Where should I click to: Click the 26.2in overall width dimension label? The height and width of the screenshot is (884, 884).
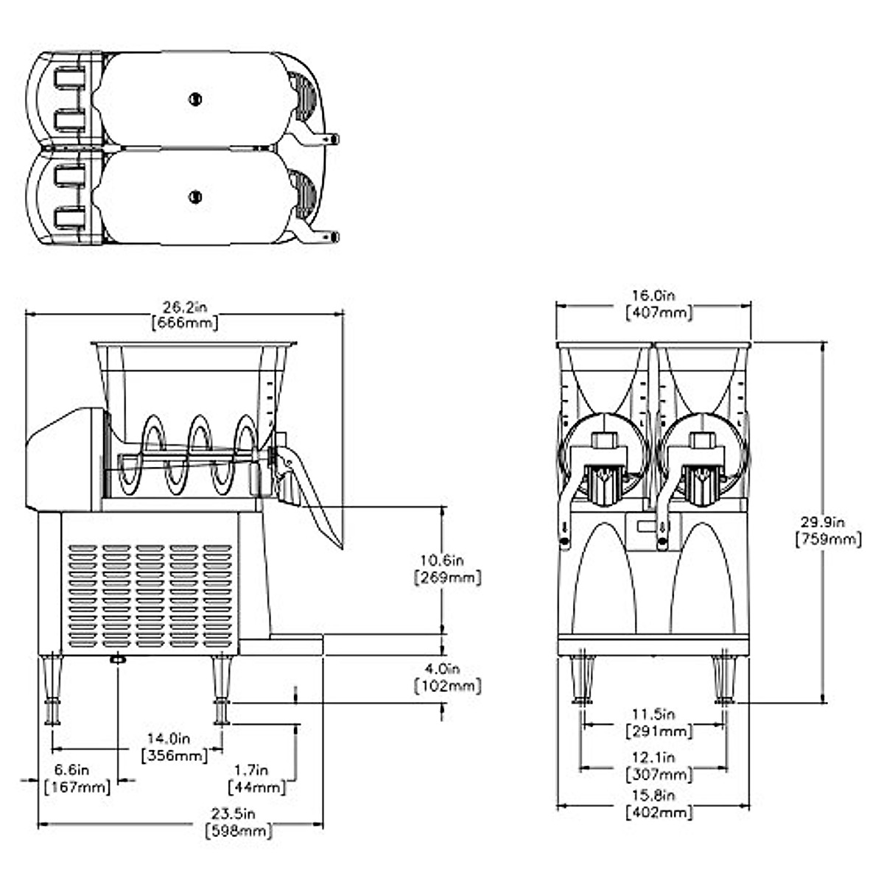185,307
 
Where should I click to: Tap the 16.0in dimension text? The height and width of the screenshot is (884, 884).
653,295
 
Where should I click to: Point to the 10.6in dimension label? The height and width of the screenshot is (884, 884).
442,560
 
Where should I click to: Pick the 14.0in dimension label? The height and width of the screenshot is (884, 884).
169,739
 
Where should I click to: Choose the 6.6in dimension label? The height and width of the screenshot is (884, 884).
71,770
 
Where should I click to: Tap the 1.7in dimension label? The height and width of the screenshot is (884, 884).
251,770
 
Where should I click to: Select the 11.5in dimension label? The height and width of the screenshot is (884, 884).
653,714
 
